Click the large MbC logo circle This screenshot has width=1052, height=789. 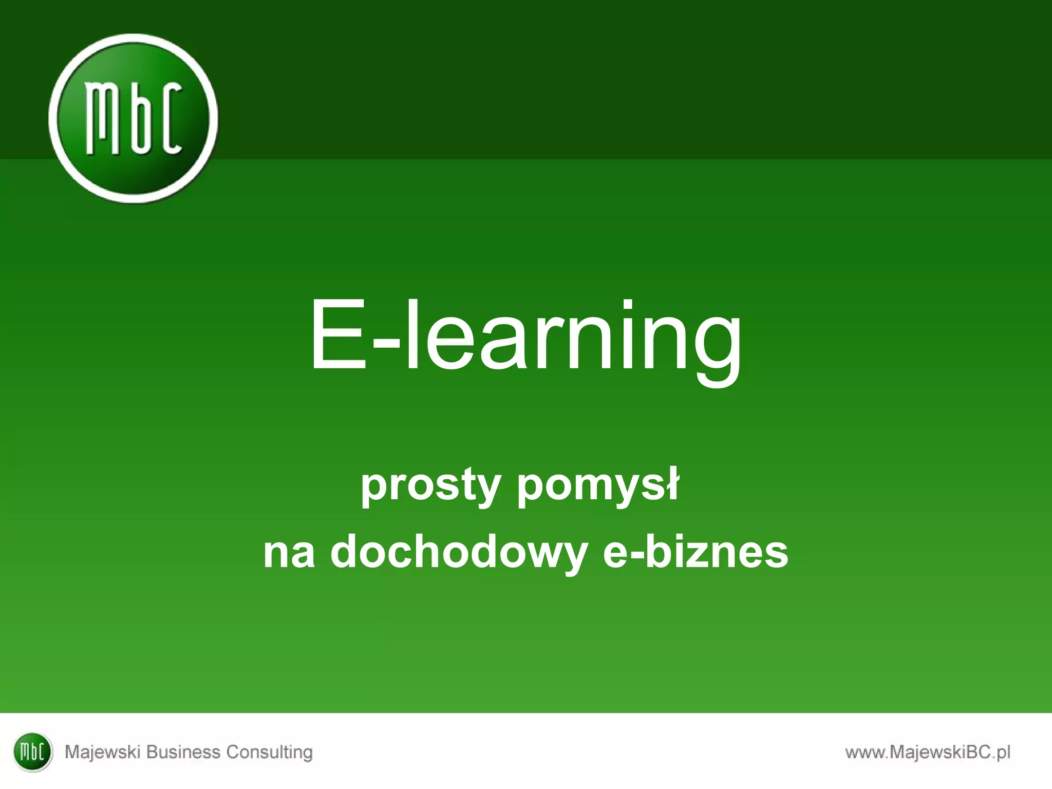[x=133, y=118]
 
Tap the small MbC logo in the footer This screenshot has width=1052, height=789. [x=32, y=752]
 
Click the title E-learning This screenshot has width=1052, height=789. [x=525, y=336]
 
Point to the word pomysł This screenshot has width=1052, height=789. [x=598, y=485]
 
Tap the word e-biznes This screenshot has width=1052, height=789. [x=695, y=552]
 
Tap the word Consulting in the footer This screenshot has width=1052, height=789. [x=270, y=753]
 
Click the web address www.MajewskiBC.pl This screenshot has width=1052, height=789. [x=928, y=753]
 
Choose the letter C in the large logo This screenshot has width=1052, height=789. [x=170, y=119]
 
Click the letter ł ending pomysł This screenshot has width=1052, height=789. [x=671, y=483]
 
